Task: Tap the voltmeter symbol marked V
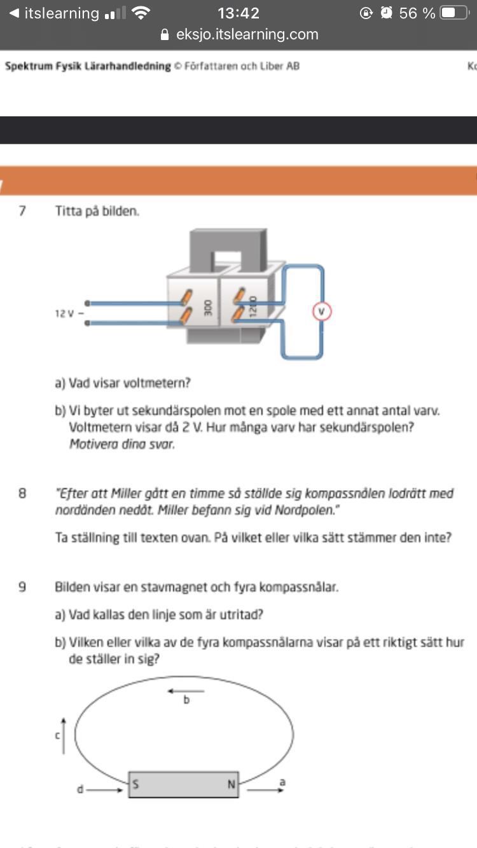(322, 311)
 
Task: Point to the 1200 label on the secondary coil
(252, 306)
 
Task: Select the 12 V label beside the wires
(66, 313)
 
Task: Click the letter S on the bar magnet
(136, 784)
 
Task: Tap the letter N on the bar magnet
(232, 784)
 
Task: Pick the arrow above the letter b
(177, 690)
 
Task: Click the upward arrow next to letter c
(63, 735)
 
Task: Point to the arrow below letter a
(265, 791)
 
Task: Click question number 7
(22, 211)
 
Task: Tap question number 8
(22, 493)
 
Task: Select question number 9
(22, 587)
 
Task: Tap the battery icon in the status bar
(455, 13)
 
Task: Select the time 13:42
(238, 13)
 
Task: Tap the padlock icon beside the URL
(166, 34)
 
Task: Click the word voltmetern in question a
(156, 383)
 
